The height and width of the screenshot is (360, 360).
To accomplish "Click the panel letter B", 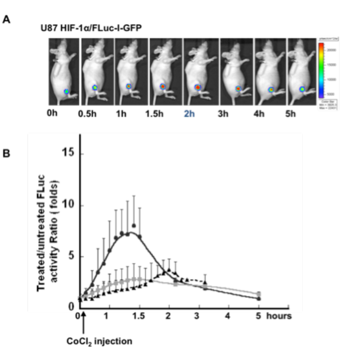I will (x=6, y=153).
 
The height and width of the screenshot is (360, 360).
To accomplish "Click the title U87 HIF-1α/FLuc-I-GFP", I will (x=91, y=28).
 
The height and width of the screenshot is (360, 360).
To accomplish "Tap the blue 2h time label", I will (x=189, y=114).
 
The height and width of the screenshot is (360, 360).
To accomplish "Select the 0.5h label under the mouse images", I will (x=87, y=114).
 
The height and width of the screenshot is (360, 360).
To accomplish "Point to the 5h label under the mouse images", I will (x=290, y=114).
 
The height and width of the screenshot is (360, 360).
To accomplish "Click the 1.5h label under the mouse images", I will (x=154, y=114).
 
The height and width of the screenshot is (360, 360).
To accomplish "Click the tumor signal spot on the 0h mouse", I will (x=66, y=91).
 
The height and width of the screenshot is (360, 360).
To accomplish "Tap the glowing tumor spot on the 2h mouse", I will (x=197, y=87).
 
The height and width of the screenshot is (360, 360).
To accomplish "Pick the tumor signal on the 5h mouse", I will (x=302, y=89).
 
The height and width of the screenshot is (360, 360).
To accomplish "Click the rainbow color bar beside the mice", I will (x=321, y=70).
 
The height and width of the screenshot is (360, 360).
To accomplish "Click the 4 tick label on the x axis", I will (x=228, y=316).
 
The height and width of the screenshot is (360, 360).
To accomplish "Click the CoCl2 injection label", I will (x=99, y=341).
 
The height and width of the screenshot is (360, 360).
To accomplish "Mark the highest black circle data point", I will (x=134, y=226).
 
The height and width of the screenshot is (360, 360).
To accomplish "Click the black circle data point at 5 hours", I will (x=259, y=298).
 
